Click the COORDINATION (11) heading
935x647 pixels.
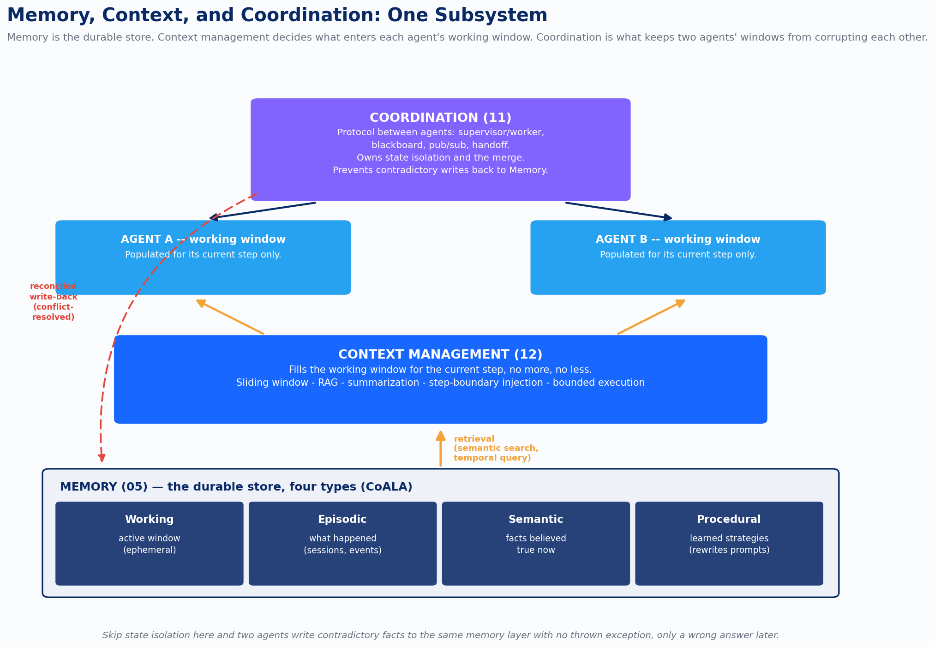[440, 118]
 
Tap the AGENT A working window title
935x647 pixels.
[203, 239]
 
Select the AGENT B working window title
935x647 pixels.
[678, 239]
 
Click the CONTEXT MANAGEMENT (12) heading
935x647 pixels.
[440, 354]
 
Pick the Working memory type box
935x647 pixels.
[150, 544]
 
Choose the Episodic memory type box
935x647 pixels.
[342, 544]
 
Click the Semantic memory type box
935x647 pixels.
[536, 544]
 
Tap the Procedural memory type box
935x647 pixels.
[729, 544]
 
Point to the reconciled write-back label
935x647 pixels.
[54, 302]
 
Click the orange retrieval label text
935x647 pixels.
[496, 448]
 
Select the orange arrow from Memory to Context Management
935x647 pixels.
[441, 449]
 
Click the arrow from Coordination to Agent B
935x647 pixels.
[619, 210]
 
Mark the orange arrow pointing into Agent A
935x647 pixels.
[230, 317]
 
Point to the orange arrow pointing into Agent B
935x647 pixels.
[651, 317]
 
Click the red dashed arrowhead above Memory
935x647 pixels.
[102, 457]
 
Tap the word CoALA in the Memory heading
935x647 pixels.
[389, 487]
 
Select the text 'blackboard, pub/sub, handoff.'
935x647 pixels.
[440, 145]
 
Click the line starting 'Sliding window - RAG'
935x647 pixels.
[440, 383]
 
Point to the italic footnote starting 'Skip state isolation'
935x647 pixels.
[440, 635]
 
